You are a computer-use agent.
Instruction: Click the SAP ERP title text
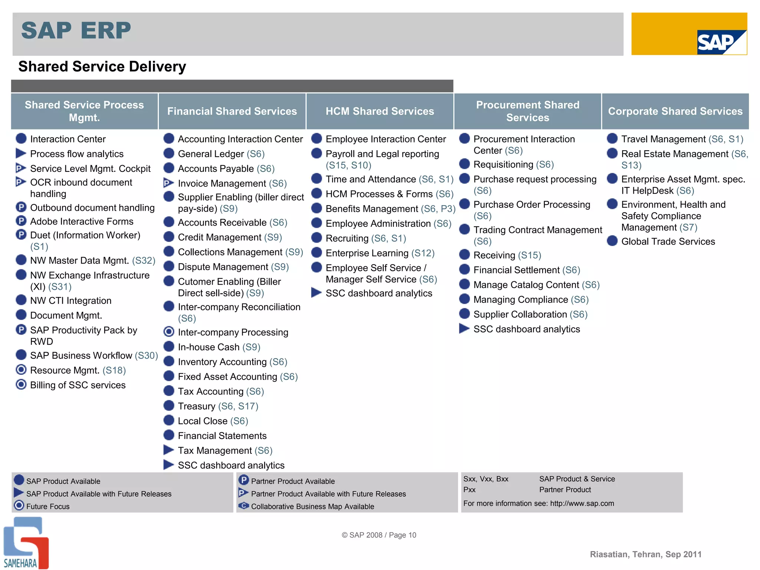(76, 30)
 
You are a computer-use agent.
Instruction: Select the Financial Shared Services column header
(232, 111)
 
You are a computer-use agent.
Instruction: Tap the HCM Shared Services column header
(380, 111)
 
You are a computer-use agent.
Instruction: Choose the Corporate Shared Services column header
(675, 111)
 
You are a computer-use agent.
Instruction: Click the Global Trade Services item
(668, 242)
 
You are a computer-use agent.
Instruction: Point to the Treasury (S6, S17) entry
(218, 406)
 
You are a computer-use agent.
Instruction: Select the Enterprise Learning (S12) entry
(380, 253)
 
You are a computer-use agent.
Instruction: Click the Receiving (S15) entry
(507, 255)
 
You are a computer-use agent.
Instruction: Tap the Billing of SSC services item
(78, 385)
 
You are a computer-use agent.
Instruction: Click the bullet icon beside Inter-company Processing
(169, 332)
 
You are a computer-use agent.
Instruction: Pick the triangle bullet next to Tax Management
(169, 450)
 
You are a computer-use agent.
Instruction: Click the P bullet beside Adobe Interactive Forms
(21, 221)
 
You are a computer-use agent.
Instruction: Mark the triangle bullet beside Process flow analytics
(21, 153)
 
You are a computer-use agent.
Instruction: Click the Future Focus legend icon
(19, 505)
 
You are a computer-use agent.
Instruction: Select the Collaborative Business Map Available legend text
(312, 507)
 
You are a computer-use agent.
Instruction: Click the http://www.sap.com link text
(582, 504)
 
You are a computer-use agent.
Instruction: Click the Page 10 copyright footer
(379, 535)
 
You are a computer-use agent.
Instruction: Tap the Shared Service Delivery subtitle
(102, 67)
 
